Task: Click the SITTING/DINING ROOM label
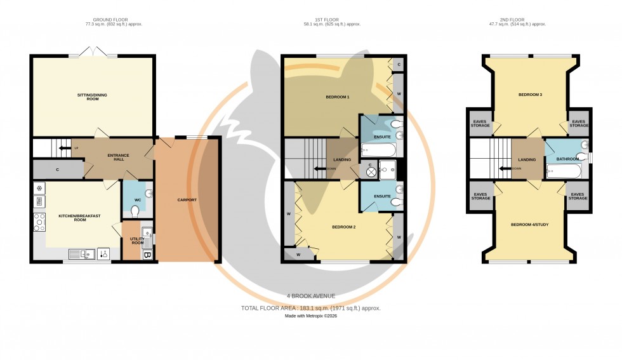pyautogui.click(x=93, y=97)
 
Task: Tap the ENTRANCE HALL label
pyautogui.click(x=119, y=157)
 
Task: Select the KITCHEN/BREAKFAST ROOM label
pyautogui.click(x=76, y=217)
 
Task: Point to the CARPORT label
pyautogui.click(x=187, y=200)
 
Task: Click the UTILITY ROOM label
pyautogui.click(x=137, y=241)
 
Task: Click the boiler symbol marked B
pyautogui.click(x=147, y=255)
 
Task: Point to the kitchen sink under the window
pyautogui.click(x=77, y=254)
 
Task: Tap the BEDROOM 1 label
pyautogui.click(x=337, y=97)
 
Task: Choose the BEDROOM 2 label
pyautogui.click(x=343, y=226)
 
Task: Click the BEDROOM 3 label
pyautogui.click(x=530, y=95)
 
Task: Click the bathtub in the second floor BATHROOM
pyautogui.click(x=562, y=171)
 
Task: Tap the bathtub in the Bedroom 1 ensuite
pyautogui.click(x=377, y=150)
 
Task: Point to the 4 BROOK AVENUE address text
pyautogui.click(x=310, y=296)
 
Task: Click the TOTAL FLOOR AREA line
pyautogui.click(x=310, y=308)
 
